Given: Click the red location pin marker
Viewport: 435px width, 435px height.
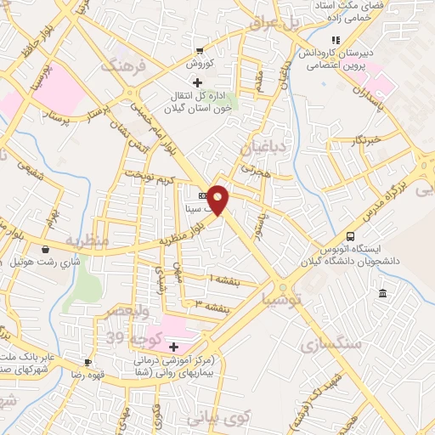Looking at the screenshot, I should point(218,198).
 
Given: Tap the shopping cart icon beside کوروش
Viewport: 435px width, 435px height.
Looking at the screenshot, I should point(200,50).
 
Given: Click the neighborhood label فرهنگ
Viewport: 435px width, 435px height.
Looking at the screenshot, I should point(124,65).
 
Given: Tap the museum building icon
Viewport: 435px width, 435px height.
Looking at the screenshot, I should point(382,294).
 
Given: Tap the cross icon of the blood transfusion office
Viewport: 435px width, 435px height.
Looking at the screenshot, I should point(198,82).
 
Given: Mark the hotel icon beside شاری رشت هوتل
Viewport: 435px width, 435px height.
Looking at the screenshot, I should point(44,250).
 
